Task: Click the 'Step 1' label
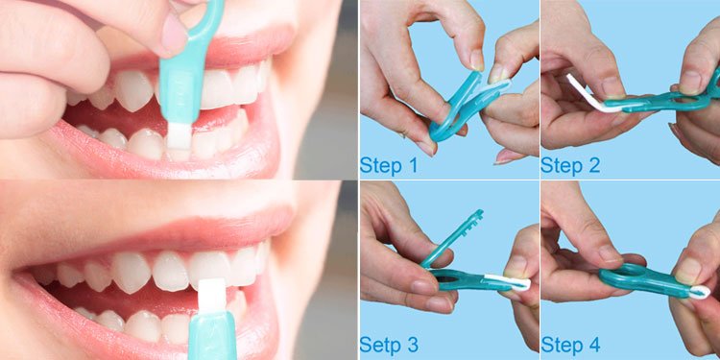tap(388, 165)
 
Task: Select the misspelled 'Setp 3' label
tap(388, 343)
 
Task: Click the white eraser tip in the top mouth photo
tap(178, 135)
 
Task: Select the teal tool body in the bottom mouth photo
tap(211, 336)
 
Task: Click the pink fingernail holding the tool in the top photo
tap(174, 33)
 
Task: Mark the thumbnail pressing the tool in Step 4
tap(687, 270)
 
